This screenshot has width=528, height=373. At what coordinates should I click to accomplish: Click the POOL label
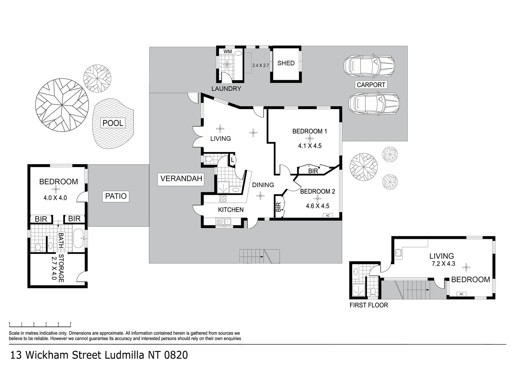point(113,123)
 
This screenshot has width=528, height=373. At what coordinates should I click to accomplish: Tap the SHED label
point(286,63)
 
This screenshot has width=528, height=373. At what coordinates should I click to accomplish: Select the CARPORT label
point(371,85)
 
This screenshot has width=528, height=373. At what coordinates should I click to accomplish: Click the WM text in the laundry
point(228,51)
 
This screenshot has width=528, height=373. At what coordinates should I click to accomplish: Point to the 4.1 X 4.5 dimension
point(310,146)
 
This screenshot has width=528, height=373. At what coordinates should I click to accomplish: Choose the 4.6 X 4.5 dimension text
point(318,206)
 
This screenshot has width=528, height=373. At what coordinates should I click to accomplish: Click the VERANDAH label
point(181,179)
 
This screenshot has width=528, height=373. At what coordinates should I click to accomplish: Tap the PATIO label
point(116,196)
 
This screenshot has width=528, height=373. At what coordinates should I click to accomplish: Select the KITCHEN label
point(231,210)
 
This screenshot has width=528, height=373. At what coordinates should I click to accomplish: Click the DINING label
point(263,185)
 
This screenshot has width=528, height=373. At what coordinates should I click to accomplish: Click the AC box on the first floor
point(461,294)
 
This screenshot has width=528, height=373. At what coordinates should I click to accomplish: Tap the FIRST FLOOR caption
point(369,305)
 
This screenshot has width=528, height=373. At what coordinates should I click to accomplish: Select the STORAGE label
point(61,268)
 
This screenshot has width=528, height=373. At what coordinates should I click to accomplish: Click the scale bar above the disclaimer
point(40,324)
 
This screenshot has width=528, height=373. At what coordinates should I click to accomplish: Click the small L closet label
point(232,160)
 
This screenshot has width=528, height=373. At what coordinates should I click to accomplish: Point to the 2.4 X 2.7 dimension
point(261,65)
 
